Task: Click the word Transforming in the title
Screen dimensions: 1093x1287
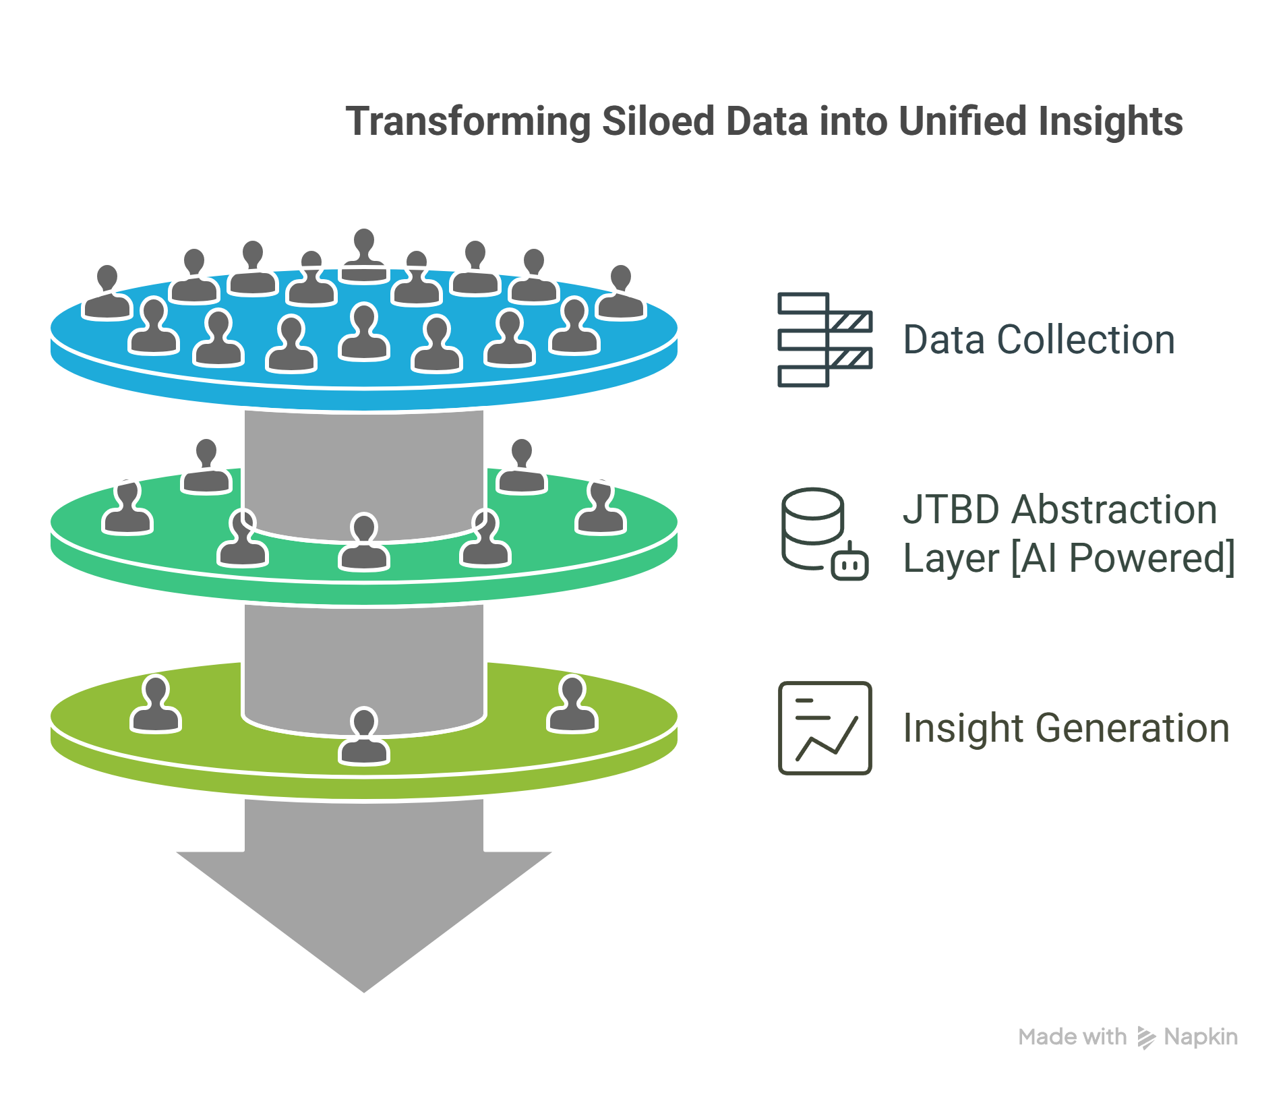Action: (467, 122)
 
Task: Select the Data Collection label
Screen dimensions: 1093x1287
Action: (1038, 340)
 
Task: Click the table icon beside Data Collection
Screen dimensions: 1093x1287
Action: (825, 340)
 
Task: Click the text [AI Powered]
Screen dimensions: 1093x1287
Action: (1123, 558)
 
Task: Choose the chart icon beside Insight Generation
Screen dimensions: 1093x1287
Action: (825, 728)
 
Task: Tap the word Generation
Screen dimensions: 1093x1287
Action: (1132, 728)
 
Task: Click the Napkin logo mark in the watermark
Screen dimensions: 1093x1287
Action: (1146, 1037)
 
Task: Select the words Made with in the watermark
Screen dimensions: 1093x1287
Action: (1072, 1037)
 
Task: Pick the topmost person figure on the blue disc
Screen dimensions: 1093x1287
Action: (364, 256)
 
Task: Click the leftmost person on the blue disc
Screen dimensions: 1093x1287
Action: (107, 293)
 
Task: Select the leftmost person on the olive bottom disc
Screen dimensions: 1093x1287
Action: (156, 705)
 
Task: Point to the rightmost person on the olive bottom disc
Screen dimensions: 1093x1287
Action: (572, 705)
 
